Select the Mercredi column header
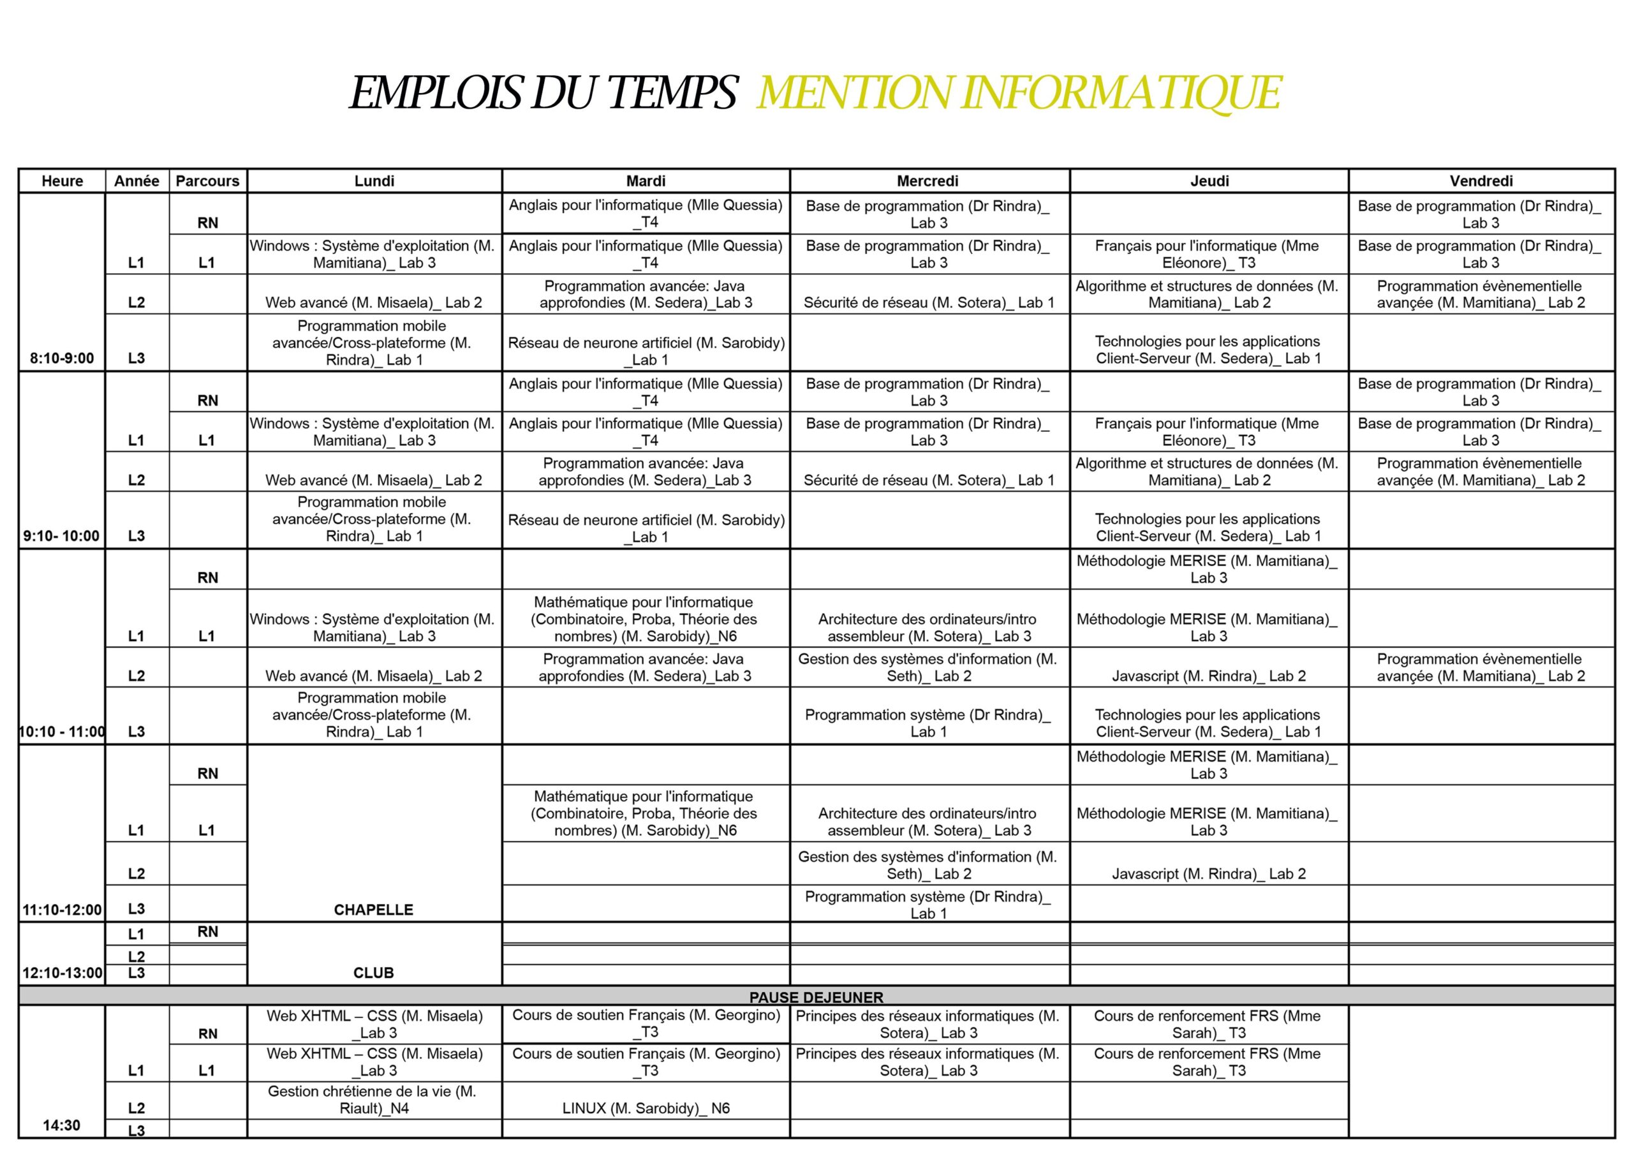(927, 181)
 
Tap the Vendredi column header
(1481, 181)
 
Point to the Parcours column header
(207, 181)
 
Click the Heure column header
(62, 181)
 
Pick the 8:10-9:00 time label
(61, 358)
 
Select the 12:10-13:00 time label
(62, 972)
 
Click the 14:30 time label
(61, 1125)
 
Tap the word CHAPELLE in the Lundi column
(373, 910)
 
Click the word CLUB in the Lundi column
(373, 972)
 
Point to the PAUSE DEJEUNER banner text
(816, 996)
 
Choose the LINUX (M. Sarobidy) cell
(646, 1107)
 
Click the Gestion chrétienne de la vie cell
(373, 1100)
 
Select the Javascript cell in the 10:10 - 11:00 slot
(1209, 676)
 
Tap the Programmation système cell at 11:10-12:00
(927, 905)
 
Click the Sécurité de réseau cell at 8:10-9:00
(928, 302)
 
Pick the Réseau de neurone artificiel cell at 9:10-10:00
(646, 528)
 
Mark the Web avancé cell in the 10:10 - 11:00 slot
(373, 676)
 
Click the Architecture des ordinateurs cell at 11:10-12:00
(927, 822)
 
